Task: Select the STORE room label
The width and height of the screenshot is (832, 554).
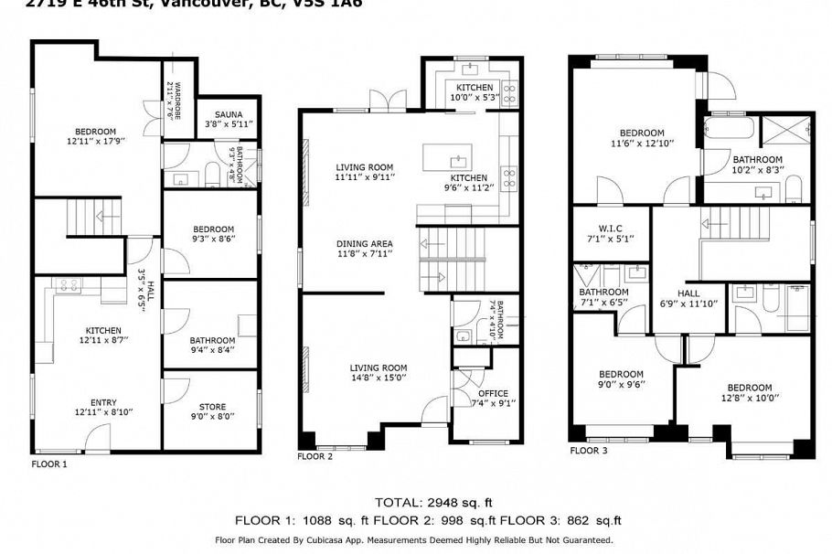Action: [x=212, y=407]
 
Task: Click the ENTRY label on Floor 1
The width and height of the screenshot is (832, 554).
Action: [x=103, y=402]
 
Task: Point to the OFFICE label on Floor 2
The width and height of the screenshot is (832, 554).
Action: [x=493, y=393]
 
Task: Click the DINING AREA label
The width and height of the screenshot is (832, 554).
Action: [x=364, y=244]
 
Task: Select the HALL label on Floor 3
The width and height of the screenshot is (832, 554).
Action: [x=688, y=293]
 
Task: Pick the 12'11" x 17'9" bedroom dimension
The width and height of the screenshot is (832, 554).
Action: [x=96, y=141]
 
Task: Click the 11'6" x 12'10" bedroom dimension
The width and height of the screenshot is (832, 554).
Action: [x=641, y=143]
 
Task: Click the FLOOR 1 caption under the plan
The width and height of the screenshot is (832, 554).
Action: [x=49, y=464]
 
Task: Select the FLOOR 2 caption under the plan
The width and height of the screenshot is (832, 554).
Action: [x=315, y=456]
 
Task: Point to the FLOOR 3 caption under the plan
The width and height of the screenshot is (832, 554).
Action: [x=588, y=451]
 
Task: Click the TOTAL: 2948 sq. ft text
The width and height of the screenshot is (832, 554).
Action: [x=434, y=502]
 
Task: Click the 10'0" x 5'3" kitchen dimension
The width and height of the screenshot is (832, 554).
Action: [x=475, y=97]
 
